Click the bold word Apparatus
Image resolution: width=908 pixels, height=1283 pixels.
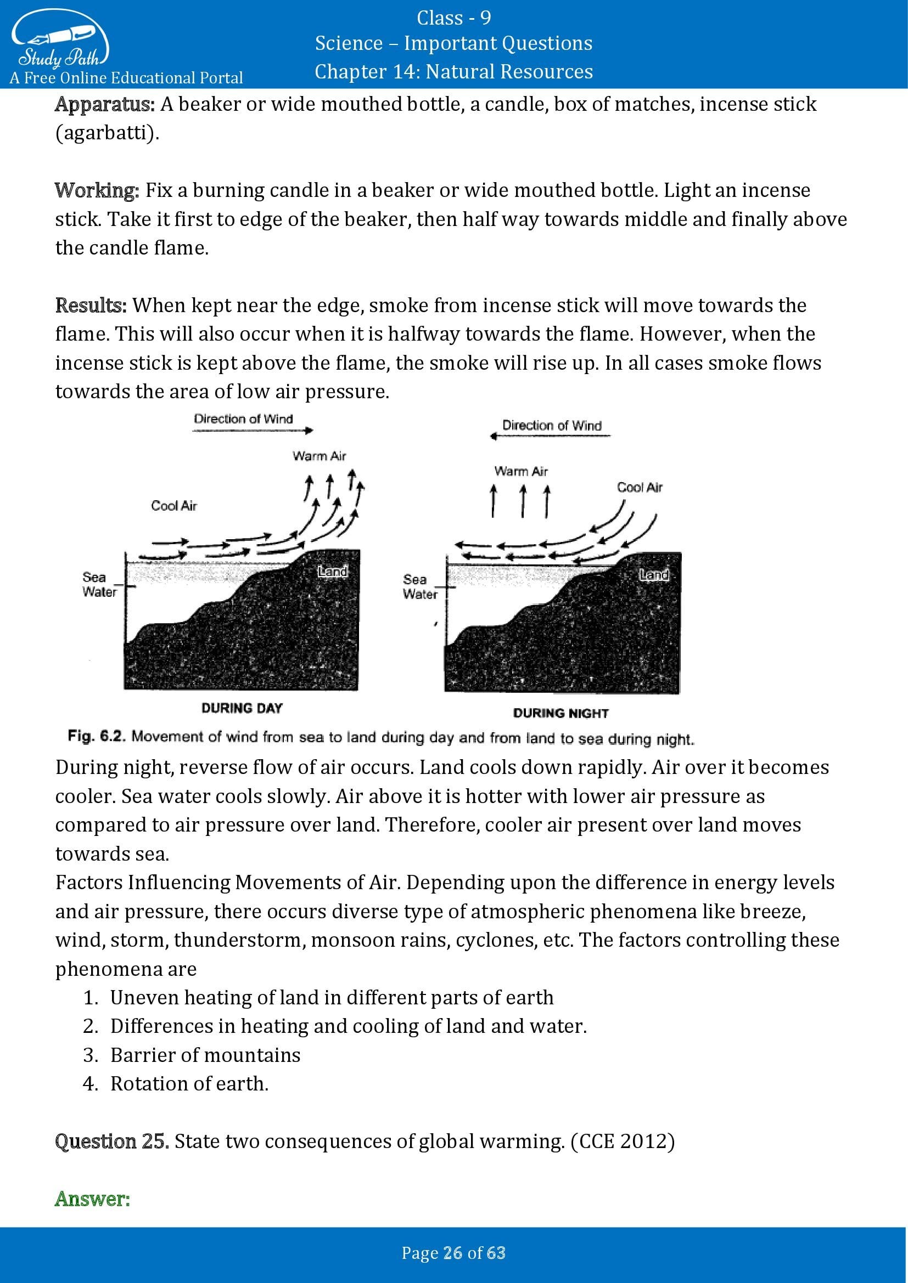(x=104, y=105)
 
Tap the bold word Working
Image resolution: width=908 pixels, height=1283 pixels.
(x=97, y=190)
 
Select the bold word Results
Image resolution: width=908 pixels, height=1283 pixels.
(x=91, y=306)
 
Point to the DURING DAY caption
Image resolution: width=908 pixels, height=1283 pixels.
(x=242, y=708)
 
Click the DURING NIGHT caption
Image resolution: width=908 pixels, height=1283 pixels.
(x=561, y=713)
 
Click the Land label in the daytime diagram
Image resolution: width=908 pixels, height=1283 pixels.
(x=333, y=571)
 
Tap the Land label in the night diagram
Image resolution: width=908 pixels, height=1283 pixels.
(x=654, y=574)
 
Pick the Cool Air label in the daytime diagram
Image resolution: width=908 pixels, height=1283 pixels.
(x=174, y=506)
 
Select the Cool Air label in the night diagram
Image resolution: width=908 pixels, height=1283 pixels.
(x=640, y=487)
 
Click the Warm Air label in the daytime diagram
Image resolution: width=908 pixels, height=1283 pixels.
(x=320, y=456)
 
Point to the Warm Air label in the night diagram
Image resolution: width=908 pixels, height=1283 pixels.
(x=521, y=471)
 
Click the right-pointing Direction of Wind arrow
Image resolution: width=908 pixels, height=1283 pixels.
(x=253, y=430)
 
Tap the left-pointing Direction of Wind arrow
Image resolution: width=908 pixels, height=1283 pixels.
(x=550, y=437)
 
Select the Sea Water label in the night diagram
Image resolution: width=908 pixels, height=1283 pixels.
(x=420, y=587)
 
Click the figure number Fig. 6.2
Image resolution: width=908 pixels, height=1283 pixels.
(x=96, y=736)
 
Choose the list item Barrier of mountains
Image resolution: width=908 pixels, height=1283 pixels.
(x=205, y=1055)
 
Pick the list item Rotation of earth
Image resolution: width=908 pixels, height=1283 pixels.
(x=189, y=1083)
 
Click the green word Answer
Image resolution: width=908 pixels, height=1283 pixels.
(x=92, y=1199)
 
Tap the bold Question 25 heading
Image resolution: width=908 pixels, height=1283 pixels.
(x=112, y=1141)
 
